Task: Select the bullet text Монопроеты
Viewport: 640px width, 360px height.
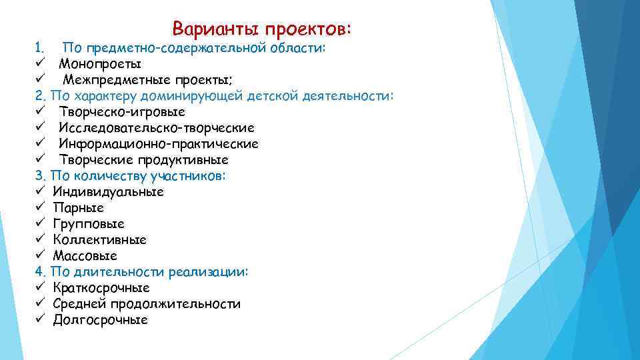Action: point(99,64)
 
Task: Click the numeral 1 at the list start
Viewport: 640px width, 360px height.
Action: point(39,48)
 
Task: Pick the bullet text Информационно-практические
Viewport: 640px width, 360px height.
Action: point(158,144)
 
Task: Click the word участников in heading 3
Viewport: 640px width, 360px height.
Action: point(189,176)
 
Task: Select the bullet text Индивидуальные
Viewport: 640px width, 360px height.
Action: point(108,192)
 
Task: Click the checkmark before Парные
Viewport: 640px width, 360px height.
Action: point(40,208)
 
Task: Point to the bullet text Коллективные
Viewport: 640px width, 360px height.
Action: point(100,240)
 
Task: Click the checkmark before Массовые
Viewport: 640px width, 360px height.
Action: point(40,256)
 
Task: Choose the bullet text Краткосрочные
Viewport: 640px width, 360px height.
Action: point(101,288)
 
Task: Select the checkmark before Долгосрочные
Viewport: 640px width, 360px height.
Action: point(40,320)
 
